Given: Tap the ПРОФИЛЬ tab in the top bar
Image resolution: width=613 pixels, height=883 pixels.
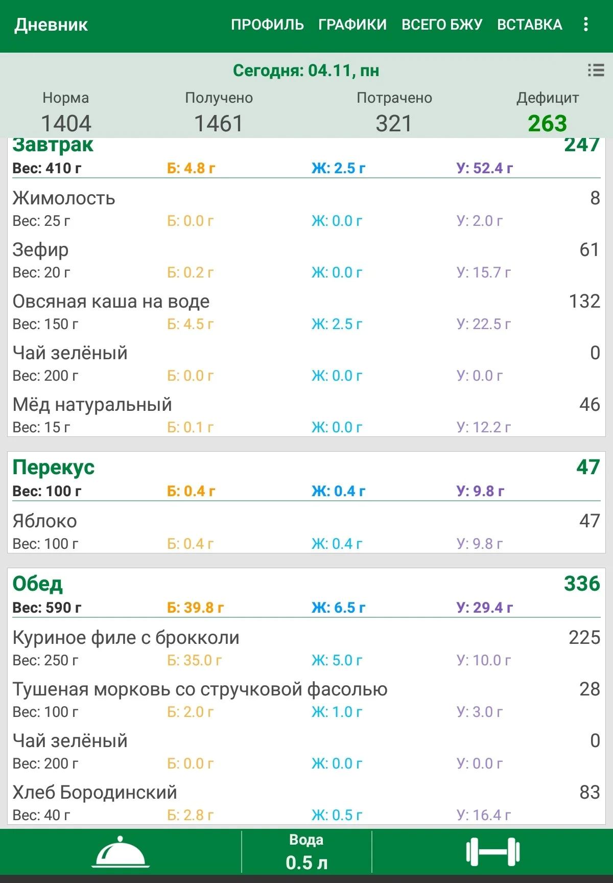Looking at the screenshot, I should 267,25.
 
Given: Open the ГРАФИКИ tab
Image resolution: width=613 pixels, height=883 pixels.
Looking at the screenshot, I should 352,25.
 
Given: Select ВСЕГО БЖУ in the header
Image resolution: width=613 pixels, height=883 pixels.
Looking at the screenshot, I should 442,25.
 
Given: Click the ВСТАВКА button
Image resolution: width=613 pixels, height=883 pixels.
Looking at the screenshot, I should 530,25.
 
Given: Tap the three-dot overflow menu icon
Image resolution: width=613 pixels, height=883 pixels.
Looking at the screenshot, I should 586,24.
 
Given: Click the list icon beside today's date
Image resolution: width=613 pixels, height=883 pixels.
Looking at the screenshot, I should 596,70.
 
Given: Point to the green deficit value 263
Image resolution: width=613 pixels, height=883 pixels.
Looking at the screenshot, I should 547,124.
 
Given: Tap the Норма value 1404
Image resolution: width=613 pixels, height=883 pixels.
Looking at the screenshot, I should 66,124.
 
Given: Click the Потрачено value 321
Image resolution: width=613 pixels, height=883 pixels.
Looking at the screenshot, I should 394,124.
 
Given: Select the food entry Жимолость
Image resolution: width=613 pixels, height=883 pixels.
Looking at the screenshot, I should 64,198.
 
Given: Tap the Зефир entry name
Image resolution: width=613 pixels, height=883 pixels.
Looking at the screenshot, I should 40,250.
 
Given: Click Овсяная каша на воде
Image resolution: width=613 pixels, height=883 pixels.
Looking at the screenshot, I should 111,301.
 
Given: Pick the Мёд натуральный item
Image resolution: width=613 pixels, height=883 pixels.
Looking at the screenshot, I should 92,405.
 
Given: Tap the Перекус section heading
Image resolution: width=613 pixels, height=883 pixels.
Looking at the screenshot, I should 54,467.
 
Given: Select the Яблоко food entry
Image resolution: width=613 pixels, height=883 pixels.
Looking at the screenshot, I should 45,521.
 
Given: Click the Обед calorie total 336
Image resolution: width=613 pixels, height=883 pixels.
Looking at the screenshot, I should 582,584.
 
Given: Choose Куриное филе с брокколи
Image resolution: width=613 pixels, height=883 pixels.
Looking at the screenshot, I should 126,638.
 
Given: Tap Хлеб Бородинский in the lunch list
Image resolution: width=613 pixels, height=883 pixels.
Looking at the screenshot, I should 95,793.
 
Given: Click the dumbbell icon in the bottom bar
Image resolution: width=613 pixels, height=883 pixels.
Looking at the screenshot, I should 492,852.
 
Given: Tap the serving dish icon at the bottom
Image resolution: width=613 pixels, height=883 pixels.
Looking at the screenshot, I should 121,852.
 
